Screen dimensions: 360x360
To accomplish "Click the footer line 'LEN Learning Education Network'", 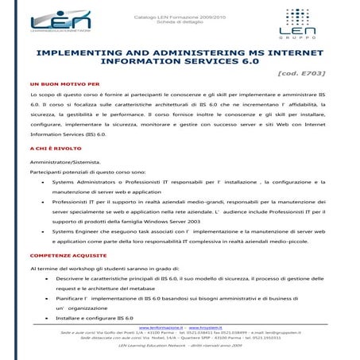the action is (180, 346).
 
